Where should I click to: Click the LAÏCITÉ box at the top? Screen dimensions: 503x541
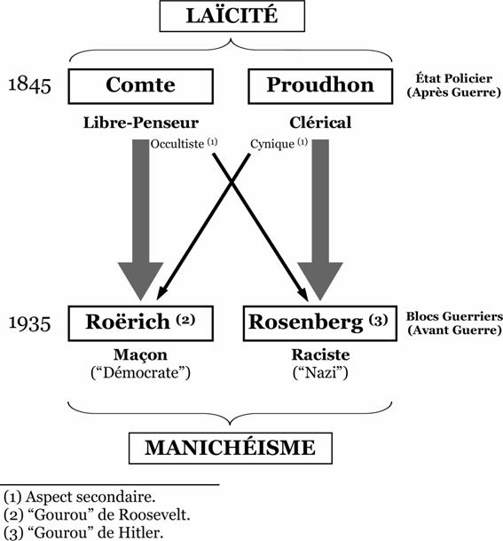pos(232,16)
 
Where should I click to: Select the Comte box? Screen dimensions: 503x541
pos(140,86)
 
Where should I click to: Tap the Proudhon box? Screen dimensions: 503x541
pos(320,86)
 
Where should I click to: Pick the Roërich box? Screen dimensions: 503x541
pos(140,323)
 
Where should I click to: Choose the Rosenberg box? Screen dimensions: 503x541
pos(320,323)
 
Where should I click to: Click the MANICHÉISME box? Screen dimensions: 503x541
pos(231,449)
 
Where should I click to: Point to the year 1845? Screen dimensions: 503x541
pos(29,85)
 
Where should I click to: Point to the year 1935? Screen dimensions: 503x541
pos(29,323)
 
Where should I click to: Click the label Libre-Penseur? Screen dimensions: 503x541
pos(141,123)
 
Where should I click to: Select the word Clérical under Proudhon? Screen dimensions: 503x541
pos(320,123)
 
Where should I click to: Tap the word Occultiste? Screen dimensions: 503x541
pos(177,144)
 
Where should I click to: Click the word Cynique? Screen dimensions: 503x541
pos(272,144)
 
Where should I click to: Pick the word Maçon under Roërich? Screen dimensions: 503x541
pos(140,355)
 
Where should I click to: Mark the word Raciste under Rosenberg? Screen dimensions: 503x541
pos(320,354)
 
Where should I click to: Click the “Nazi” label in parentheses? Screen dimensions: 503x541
pos(320,373)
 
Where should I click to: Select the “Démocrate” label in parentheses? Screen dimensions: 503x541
pos(140,373)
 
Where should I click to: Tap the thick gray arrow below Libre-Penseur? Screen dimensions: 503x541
pos(140,219)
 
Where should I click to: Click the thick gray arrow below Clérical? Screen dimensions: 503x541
pos(320,219)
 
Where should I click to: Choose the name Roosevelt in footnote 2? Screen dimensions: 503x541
pos(154,515)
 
